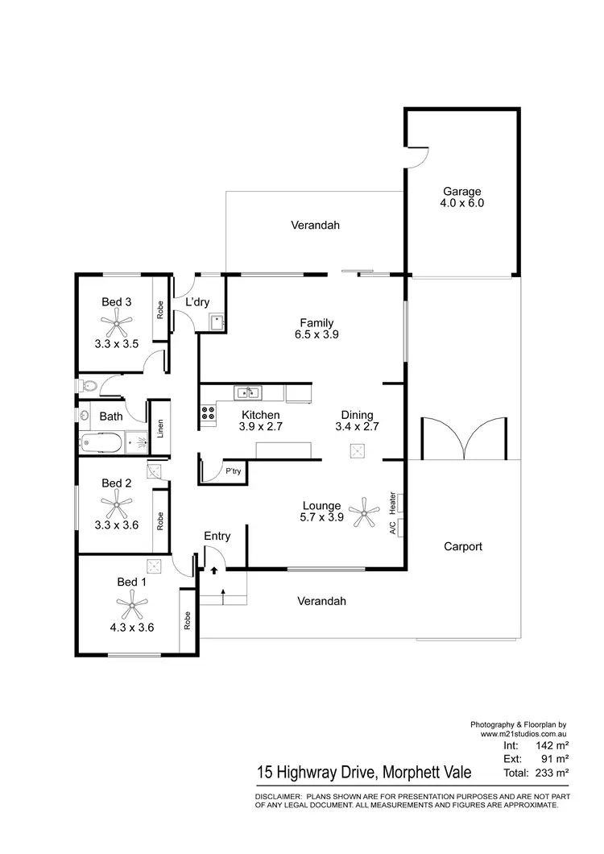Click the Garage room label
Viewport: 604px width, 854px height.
pyautogui.click(x=461, y=192)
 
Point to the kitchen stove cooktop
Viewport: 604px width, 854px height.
pyautogui.click(x=208, y=414)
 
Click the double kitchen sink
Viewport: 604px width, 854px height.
pyautogui.click(x=247, y=393)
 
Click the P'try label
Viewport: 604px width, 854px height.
pyautogui.click(x=234, y=471)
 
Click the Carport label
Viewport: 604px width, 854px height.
pyautogui.click(x=463, y=546)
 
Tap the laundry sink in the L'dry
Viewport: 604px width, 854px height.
pyautogui.click(x=216, y=324)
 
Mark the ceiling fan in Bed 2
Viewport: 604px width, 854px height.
pyautogui.click(x=117, y=506)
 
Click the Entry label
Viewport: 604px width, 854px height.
pyautogui.click(x=217, y=536)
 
